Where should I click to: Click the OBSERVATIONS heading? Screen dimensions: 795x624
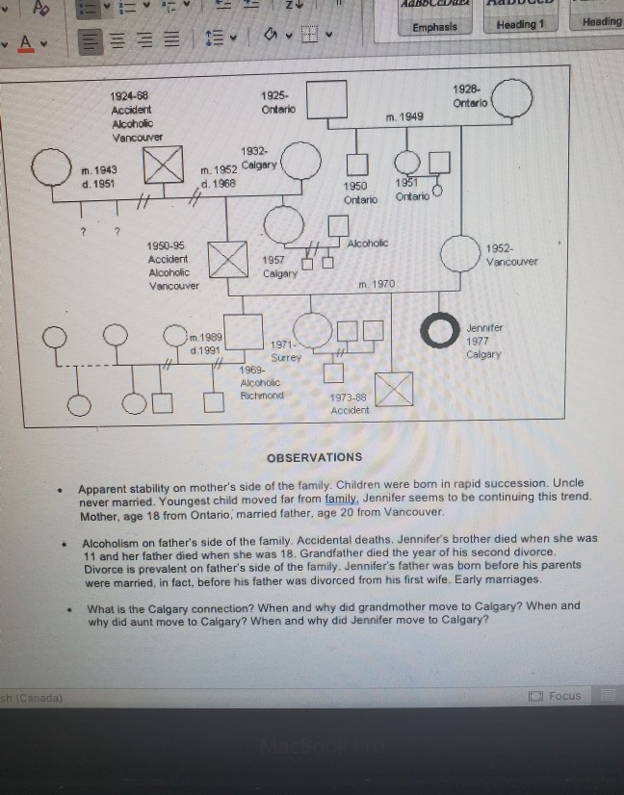tap(314, 457)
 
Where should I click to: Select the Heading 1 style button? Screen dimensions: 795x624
tap(520, 24)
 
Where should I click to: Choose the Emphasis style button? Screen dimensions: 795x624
tap(434, 27)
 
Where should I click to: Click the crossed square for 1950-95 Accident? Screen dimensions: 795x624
tap(229, 258)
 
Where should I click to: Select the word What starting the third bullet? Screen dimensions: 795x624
tap(100, 607)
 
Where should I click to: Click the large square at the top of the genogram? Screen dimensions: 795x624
tap(327, 99)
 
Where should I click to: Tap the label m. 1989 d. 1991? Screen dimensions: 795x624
tap(206, 342)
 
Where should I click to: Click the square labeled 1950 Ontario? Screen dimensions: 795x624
tap(357, 165)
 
